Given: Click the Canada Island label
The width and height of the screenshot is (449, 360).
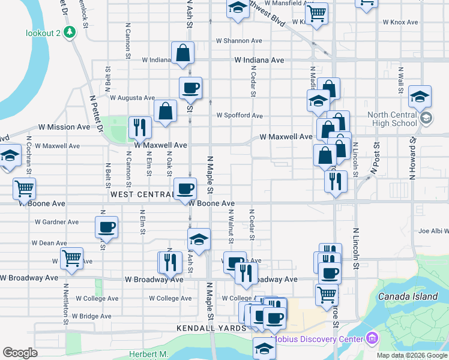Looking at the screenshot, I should (x=408, y=296).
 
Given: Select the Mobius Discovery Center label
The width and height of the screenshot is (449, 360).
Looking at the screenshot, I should (x=319, y=340).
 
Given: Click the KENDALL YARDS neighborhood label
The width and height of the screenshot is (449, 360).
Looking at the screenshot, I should (x=211, y=328).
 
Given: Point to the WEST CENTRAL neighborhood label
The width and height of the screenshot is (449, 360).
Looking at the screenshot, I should (x=142, y=194).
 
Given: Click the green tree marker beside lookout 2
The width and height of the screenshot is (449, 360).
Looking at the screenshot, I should (x=71, y=32).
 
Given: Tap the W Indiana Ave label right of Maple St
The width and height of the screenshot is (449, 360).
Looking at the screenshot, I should (x=259, y=61).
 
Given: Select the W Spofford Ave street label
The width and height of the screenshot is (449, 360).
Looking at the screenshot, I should (x=240, y=115).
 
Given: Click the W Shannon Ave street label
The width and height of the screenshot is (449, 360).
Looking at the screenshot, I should (x=240, y=41).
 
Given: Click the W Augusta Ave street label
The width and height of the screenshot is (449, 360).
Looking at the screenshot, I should (x=132, y=97).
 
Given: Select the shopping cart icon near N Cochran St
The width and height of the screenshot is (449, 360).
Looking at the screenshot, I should (x=24, y=188).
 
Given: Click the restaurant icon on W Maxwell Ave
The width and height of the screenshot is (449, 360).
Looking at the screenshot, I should (x=140, y=127).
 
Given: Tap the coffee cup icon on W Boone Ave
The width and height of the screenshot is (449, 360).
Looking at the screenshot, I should (x=185, y=188).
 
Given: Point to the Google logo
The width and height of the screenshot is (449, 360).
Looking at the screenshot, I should (x=20, y=353).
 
